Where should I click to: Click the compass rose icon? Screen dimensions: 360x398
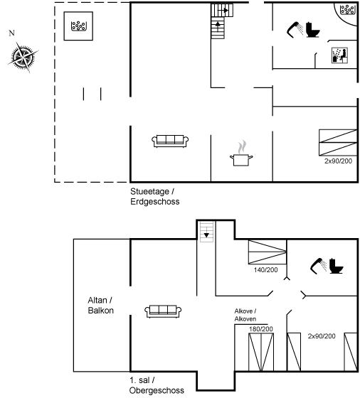click(x=23, y=57)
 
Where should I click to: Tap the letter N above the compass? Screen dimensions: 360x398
click(x=11, y=33)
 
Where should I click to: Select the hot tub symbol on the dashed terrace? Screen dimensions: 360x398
click(x=78, y=26)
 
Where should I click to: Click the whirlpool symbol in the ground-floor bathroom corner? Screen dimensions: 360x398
click(x=347, y=10)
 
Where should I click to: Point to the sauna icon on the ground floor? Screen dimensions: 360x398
click(x=339, y=55)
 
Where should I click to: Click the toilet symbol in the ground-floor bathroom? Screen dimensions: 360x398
click(x=312, y=30)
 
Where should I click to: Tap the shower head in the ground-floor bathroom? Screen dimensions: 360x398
click(x=295, y=30)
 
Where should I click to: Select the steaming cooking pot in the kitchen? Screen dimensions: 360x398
click(x=241, y=154)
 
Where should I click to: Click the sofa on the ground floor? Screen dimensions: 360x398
click(x=170, y=141)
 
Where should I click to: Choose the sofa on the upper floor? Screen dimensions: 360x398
click(x=163, y=311)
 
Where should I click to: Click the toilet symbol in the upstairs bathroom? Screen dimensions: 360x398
click(x=336, y=266)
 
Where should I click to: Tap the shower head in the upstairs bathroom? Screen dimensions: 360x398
click(x=318, y=266)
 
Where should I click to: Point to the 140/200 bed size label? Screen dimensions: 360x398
click(x=266, y=270)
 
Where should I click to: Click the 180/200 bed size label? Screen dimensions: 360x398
click(x=261, y=329)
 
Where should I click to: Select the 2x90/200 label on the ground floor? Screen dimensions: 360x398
click(x=338, y=161)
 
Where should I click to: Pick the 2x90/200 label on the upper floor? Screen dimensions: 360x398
click(x=322, y=336)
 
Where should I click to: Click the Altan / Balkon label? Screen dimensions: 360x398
click(x=100, y=306)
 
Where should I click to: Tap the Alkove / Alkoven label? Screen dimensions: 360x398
click(x=245, y=315)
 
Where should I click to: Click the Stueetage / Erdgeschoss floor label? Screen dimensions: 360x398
click(x=154, y=196)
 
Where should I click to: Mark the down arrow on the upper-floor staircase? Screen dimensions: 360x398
click(x=206, y=235)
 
